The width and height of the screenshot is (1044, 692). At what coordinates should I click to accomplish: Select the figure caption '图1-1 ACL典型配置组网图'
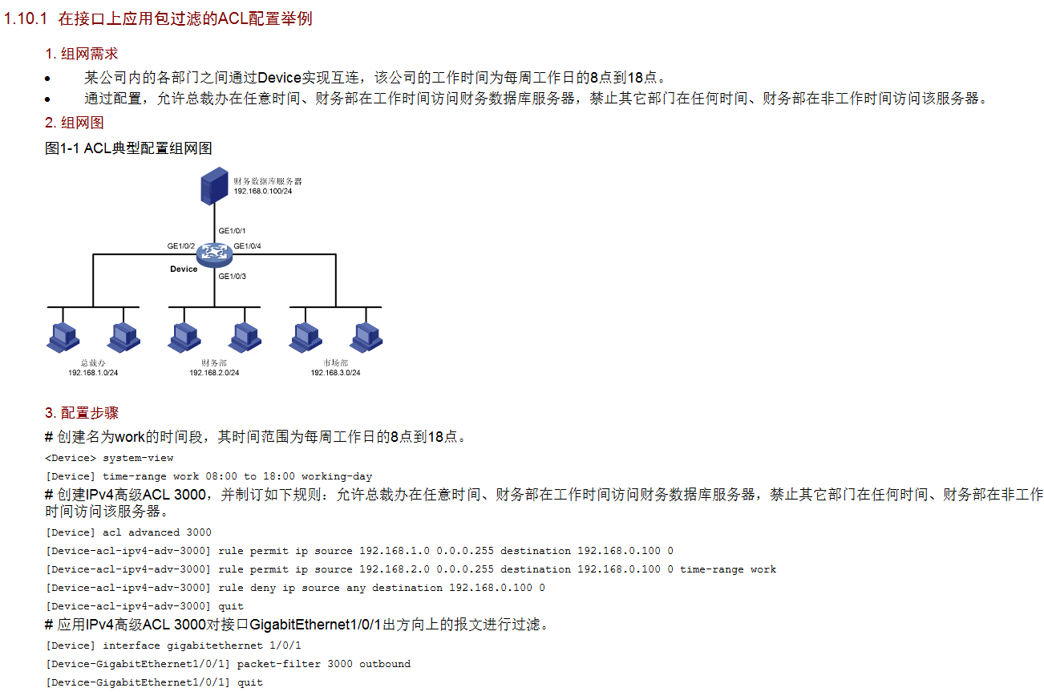click(128, 148)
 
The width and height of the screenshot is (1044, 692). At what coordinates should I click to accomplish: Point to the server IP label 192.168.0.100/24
click(262, 191)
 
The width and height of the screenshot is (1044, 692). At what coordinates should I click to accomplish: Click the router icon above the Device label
click(214, 254)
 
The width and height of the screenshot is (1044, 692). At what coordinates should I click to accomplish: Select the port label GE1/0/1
click(232, 231)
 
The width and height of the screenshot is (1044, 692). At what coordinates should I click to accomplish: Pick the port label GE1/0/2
click(181, 246)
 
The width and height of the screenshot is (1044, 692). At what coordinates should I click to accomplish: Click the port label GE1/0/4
click(247, 246)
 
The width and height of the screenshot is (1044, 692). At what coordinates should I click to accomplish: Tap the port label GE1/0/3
click(232, 277)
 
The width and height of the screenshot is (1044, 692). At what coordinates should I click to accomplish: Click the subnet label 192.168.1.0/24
click(93, 373)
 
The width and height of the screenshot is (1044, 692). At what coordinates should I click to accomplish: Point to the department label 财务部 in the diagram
click(214, 363)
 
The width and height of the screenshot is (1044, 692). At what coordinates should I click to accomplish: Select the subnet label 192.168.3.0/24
click(335, 373)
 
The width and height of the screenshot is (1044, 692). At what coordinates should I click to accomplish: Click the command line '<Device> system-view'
click(110, 458)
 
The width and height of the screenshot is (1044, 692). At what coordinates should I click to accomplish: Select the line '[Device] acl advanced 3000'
click(129, 532)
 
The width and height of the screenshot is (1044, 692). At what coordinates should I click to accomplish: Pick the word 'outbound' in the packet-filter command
click(385, 664)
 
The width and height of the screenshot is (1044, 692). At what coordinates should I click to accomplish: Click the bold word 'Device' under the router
click(184, 269)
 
